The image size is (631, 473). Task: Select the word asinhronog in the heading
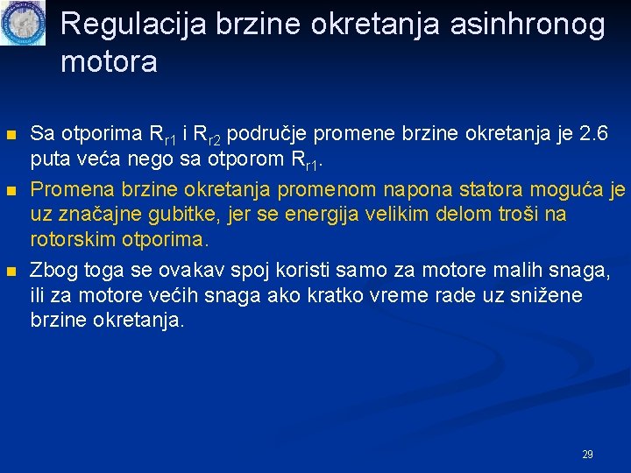(528, 25)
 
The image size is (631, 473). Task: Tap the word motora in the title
(110, 62)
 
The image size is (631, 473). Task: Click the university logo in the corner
(23, 24)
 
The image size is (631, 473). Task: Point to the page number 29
(587, 455)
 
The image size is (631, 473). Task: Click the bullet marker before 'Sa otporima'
(11, 136)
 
